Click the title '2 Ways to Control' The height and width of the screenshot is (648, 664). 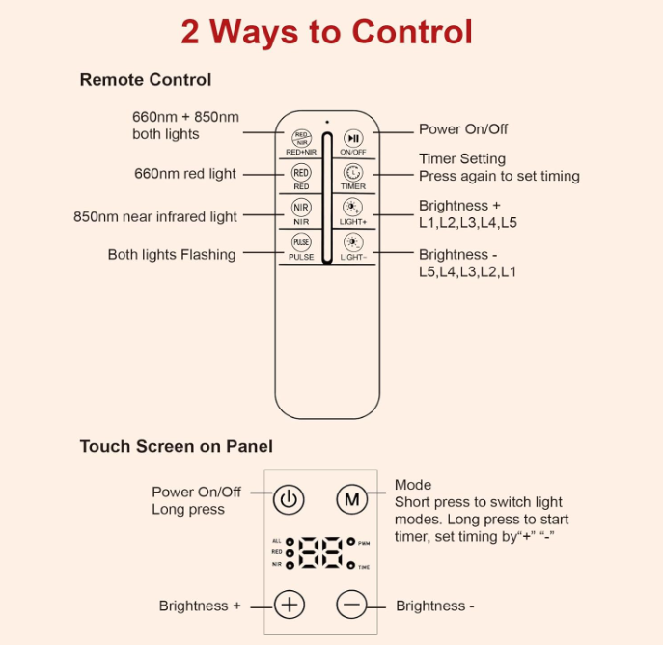click(326, 32)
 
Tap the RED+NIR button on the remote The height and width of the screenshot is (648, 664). click(301, 139)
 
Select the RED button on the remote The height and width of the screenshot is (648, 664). click(301, 174)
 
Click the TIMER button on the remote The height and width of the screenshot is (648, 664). click(352, 174)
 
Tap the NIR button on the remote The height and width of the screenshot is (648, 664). click(301, 209)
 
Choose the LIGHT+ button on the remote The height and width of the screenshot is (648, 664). click(352, 209)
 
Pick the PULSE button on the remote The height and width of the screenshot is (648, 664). click(301, 243)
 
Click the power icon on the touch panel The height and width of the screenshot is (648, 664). click(290, 500)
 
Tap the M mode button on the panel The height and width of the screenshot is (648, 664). click(352, 500)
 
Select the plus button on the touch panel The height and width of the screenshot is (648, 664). click(290, 605)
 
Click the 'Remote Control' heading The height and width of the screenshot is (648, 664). click(146, 80)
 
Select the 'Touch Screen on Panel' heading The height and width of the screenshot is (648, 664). click(177, 446)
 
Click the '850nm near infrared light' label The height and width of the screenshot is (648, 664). click(155, 216)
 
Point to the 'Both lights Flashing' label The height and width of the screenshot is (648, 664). click(172, 255)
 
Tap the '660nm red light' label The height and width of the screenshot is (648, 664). click(184, 174)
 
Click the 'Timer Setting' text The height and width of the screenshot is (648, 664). click(462, 159)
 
